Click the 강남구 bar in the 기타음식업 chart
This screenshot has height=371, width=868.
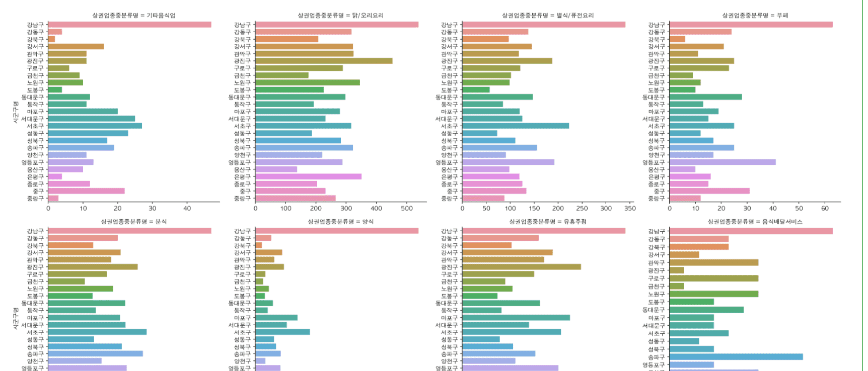pos(129,25)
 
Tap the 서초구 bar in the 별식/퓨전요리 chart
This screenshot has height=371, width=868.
pos(516,126)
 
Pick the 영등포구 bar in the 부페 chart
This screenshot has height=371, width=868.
pos(722,162)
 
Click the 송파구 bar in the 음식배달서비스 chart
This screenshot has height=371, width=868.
pos(736,357)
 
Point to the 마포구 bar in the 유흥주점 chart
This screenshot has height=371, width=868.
pos(516,318)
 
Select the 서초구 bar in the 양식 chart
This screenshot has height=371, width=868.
pos(282,332)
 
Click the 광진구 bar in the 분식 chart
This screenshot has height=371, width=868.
pos(93,267)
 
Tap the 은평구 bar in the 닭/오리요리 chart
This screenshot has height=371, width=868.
pos(308,177)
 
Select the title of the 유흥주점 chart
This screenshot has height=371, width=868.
pos(547,222)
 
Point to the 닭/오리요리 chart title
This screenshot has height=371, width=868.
pos(340,16)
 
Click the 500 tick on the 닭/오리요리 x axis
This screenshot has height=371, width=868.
pos(407,209)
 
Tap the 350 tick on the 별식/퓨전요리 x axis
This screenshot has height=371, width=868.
pos(630,209)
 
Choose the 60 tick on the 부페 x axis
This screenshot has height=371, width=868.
pos(825,209)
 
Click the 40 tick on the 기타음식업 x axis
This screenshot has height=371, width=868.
pos(187,209)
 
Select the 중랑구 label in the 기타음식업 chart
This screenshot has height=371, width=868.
pos(35,199)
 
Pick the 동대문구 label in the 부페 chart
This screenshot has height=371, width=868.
pos(653,97)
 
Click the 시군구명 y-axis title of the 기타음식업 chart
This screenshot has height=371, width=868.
pos(16,112)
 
